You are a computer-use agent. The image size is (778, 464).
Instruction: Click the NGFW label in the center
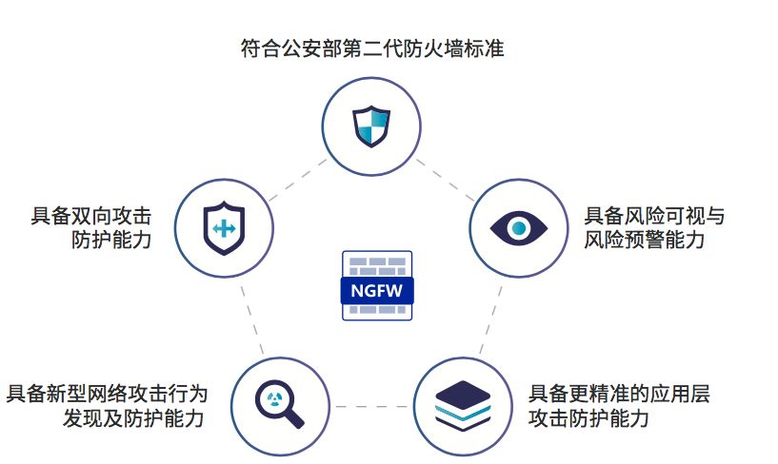pyautogui.click(x=376, y=292)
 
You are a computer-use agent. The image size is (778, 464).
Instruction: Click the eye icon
pyautogui.click(x=518, y=228)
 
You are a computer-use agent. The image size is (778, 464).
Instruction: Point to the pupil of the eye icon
pyautogui.click(x=518, y=228)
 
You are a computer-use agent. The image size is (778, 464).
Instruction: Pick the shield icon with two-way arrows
pyautogui.click(x=225, y=228)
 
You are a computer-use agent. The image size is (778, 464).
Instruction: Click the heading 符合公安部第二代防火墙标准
pyautogui.click(x=371, y=48)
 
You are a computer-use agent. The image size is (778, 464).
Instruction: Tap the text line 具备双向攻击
pyautogui.click(x=91, y=216)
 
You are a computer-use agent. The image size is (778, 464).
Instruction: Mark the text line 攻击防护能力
pyautogui.click(x=588, y=418)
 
